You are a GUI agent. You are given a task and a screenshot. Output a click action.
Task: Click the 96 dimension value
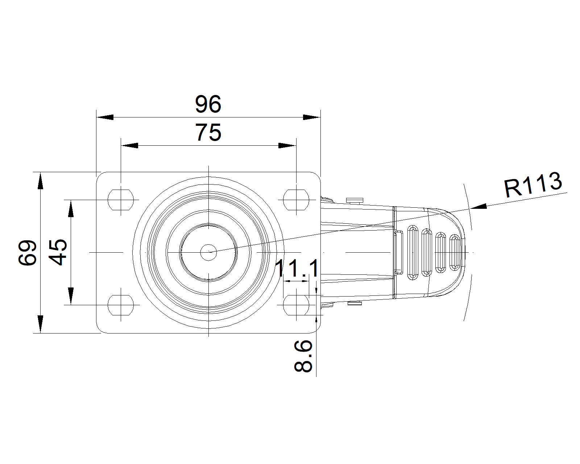[x=208, y=104]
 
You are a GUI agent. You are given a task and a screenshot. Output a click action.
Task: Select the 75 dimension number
[x=208, y=132]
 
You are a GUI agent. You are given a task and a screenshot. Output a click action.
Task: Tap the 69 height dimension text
[x=27, y=253]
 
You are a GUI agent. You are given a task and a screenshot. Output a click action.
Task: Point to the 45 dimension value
[x=58, y=252]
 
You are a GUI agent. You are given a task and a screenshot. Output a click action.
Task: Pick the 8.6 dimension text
[x=303, y=356]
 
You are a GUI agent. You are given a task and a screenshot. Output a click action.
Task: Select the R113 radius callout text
[x=533, y=185]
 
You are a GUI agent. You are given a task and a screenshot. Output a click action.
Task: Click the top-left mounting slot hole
[x=121, y=200]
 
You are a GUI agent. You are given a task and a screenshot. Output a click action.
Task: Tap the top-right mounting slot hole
[x=296, y=200]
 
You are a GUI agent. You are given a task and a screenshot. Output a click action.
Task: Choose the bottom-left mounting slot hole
[x=121, y=305]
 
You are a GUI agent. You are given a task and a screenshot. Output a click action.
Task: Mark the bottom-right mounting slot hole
[x=296, y=305]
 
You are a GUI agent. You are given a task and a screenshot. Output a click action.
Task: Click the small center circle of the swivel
[x=208, y=252]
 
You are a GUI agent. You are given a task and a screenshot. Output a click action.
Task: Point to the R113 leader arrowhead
[x=478, y=207]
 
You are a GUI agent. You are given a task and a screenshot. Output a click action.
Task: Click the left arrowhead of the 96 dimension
[x=105, y=117]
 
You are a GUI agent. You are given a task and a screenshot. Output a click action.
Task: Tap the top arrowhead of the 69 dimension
[x=41, y=181]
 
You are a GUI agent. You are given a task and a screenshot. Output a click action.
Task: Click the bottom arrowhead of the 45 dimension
[x=71, y=296]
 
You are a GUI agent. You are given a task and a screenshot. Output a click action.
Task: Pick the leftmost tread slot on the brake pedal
[x=413, y=252]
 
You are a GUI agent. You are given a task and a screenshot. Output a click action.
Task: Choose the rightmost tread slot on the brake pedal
[x=455, y=253]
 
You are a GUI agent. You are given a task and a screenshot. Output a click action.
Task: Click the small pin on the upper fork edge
[x=355, y=200]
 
